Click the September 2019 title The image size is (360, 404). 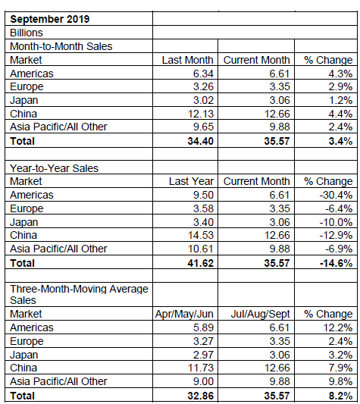coord(50,19)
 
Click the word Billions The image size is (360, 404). coord(27,33)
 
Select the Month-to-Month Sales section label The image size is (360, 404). coord(61,47)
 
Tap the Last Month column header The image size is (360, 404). coord(188,60)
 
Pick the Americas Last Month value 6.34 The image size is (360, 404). coord(203,74)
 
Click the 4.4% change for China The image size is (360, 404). coord(340,114)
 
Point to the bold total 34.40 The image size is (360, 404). coord(201,141)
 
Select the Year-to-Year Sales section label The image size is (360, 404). coord(54,168)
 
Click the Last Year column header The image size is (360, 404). coord(191,181)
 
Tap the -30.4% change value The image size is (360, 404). coord(336,195)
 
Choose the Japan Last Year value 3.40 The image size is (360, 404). coord(203,222)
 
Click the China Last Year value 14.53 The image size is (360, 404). coord(201,235)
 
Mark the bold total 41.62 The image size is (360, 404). coord(201,263)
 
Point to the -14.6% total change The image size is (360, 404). coord(336,263)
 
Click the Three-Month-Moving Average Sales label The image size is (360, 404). coord(79,295)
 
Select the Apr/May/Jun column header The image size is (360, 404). coord(184,314)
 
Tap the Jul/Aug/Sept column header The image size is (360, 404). coord(260,314)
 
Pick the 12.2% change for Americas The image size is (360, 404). coord(338,327)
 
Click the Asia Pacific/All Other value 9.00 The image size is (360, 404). coord(203,381)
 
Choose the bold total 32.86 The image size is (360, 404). coord(201,396)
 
